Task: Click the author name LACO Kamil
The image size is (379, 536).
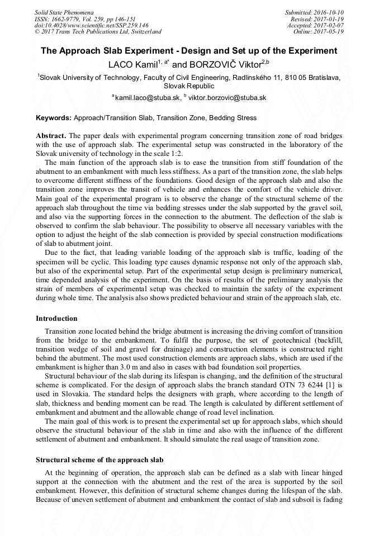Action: (132, 64)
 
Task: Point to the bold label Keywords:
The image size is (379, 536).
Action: (54, 118)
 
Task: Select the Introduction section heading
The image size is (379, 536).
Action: (56, 318)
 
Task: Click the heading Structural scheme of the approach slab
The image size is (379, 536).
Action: (100, 459)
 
